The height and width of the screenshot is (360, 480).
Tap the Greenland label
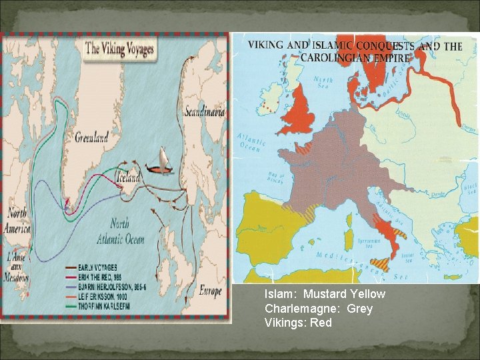click(x=92, y=138)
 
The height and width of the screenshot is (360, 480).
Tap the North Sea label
click(x=323, y=83)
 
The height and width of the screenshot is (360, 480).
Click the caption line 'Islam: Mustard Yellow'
click(x=325, y=294)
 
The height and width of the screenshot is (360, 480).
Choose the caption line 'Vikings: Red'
click(x=298, y=323)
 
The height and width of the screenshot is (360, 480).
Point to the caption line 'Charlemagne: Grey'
click(x=318, y=309)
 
